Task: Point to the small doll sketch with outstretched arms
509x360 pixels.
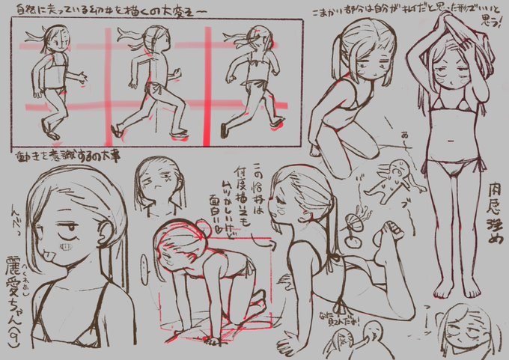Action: coord(392,177)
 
